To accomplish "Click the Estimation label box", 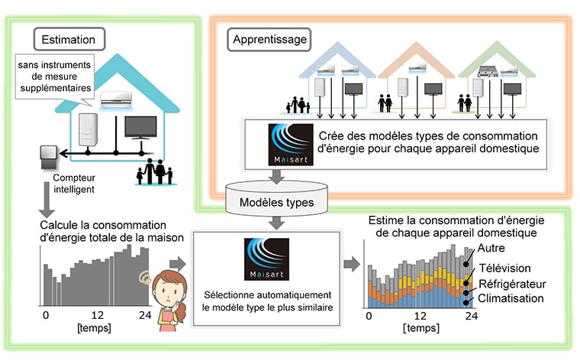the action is coord(69,39).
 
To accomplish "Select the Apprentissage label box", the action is coord(269,40).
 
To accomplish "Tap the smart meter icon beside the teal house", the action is coord(48,156).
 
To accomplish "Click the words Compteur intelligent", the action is coord(74,183).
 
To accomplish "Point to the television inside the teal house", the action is coord(140,127).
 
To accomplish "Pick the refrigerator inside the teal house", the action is coord(88,130).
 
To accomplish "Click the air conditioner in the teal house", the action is coord(116,100).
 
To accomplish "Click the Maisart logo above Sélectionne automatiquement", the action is coord(266,259).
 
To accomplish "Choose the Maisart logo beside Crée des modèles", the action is coord(291,144).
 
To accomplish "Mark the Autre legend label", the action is coord(491,248).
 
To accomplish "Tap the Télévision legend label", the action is coord(505,268).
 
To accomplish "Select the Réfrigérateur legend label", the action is coord(512,284).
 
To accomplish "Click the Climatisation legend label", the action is coord(511,298).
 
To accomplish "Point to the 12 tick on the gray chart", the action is coord(98,315).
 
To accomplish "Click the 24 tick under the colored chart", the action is coord(472,316).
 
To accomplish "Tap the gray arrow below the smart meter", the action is coord(47,200).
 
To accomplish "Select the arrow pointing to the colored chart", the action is coord(351,264).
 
